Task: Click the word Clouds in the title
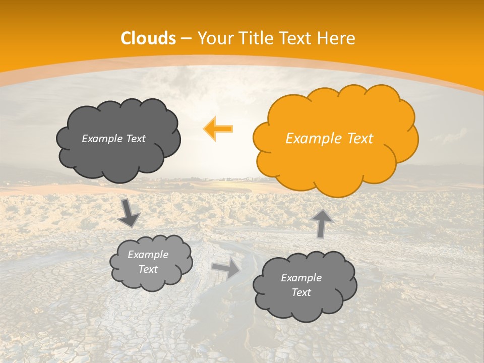tap(148, 38)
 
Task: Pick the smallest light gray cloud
tap(151, 262)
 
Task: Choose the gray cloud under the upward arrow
tap(305, 285)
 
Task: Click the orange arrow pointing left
tap(218, 128)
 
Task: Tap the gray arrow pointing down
tap(129, 213)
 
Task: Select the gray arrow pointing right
tap(226, 269)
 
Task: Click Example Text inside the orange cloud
tap(329, 139)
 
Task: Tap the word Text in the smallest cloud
tap(148, 269)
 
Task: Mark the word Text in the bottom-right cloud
tap(301, 292)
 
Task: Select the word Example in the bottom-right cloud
tap(301, 278)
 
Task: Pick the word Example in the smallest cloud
tap(148, 255)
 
